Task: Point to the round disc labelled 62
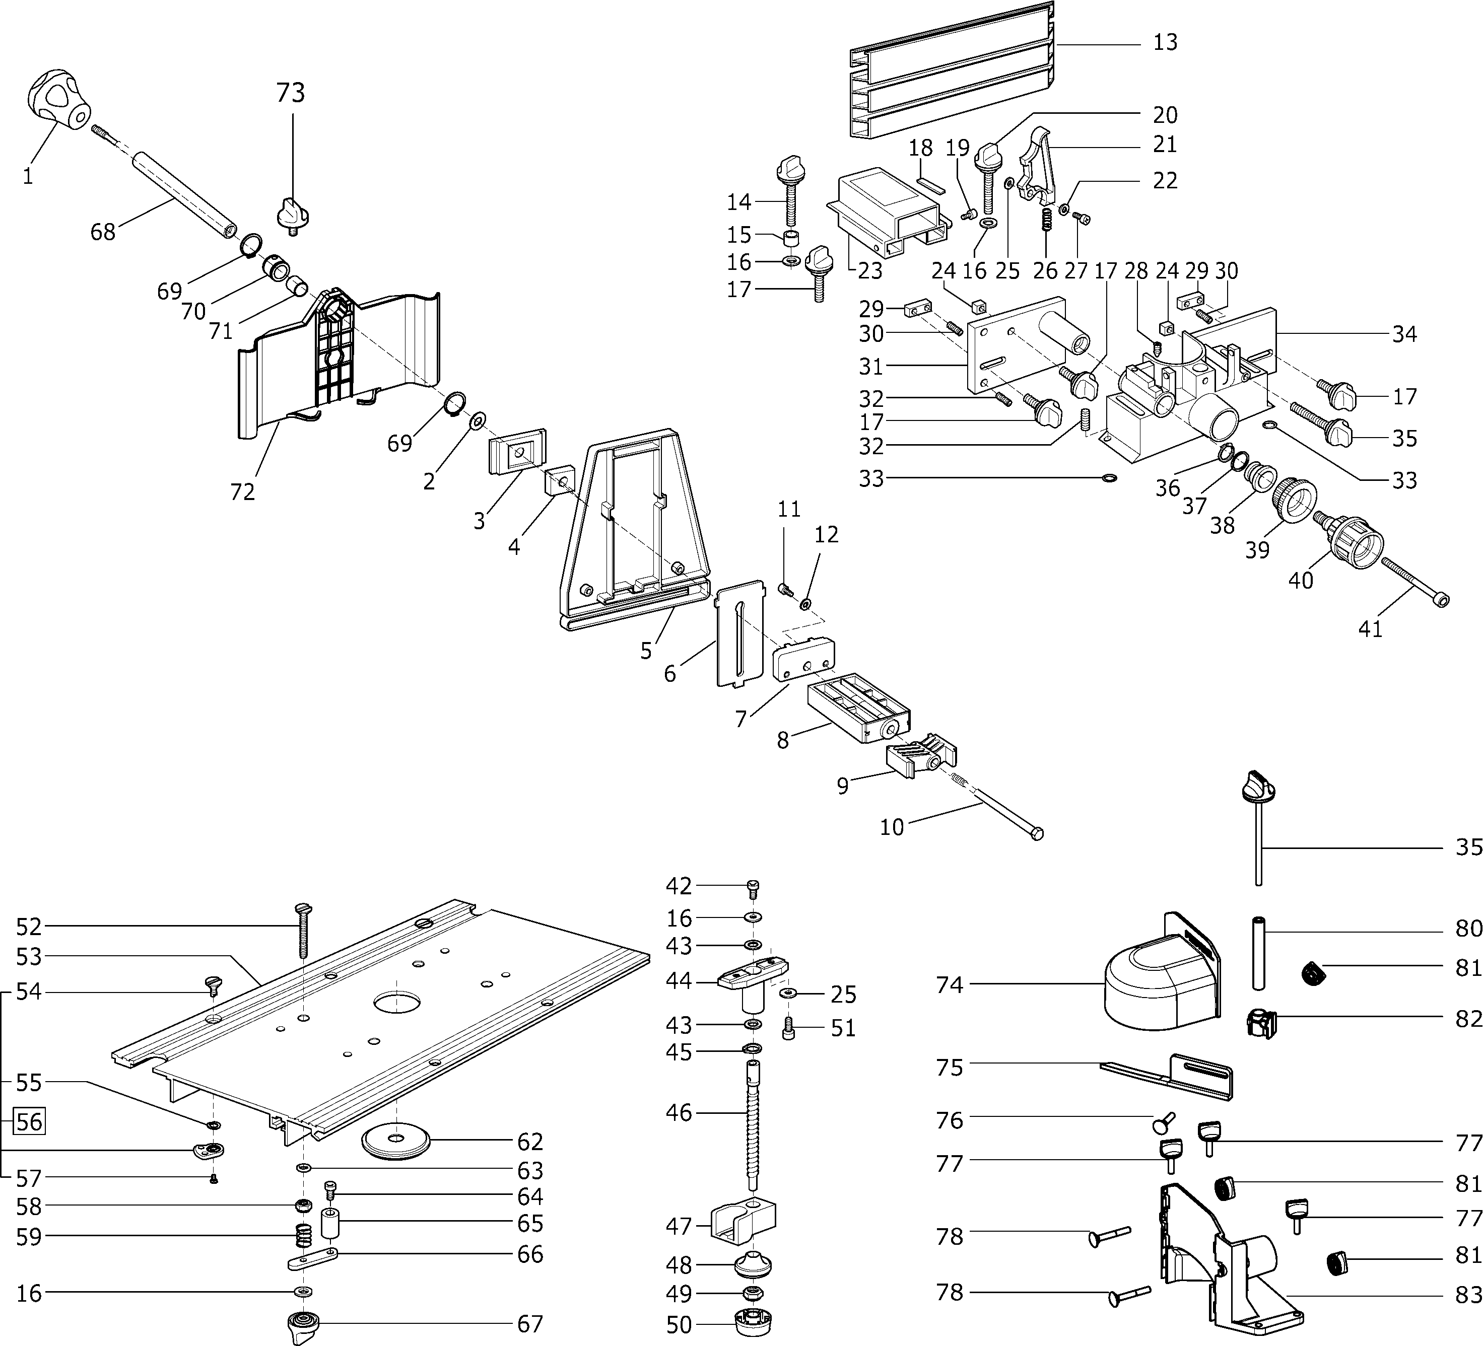[x=396, y=1140]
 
